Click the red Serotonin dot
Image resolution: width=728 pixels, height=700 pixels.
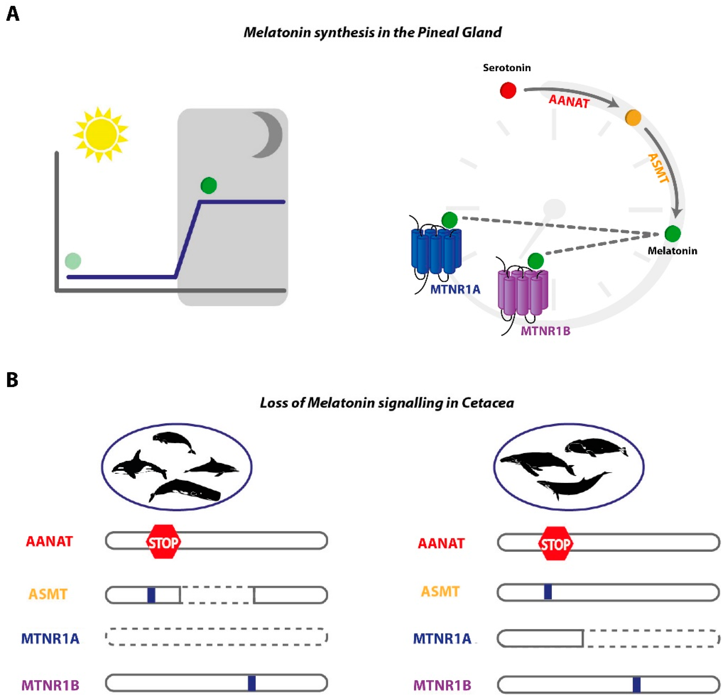tap(508, 90)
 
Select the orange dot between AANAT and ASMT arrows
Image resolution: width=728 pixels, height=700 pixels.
tap(633, 118)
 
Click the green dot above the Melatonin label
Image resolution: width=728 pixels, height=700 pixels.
tap(672, 233)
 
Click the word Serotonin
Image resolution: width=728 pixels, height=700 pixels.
tap(507, 68)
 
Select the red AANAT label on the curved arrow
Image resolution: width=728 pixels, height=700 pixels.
tap(569, 101)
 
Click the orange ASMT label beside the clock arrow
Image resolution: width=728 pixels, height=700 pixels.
tap(658, 168)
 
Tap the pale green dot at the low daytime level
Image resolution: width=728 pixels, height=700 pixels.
tap(73, 261)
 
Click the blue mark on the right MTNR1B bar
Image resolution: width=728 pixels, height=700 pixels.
tap(636, 685)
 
